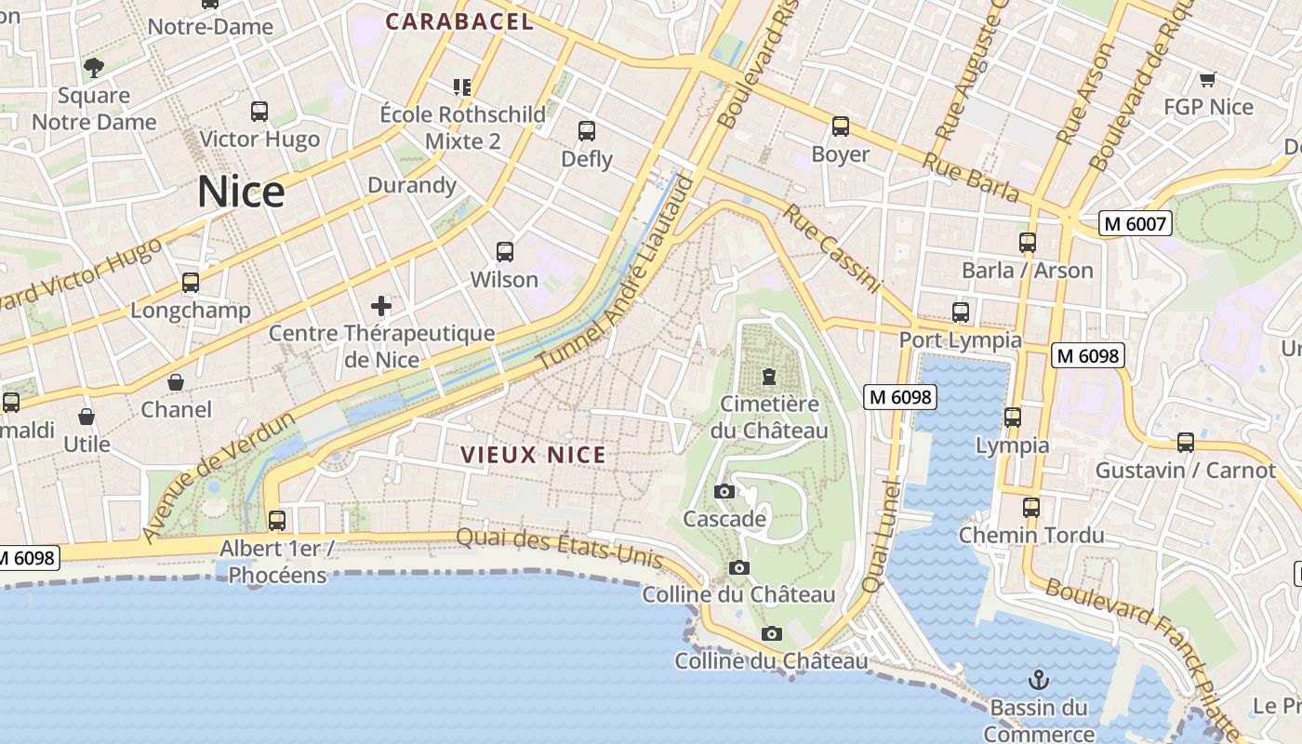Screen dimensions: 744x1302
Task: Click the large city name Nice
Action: (241, 192)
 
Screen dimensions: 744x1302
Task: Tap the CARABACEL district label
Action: (459, 21)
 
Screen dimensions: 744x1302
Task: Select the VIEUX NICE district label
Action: (534, 455)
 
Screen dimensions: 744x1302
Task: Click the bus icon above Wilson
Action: (505, 252)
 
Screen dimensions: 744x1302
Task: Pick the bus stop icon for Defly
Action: (587, 131)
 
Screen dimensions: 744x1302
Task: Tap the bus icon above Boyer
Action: (841, 126)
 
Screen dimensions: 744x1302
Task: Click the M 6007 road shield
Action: (1134, 223)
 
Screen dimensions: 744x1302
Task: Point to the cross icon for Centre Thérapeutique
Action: (381, 305)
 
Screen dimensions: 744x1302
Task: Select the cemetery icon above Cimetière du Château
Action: (769, 377)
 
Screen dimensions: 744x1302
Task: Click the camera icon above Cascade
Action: (724, 491)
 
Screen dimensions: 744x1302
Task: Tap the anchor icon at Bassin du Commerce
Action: (1038, 680)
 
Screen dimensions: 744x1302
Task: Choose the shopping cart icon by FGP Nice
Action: (1208, 80)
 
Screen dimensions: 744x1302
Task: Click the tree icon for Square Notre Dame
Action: (94, 67)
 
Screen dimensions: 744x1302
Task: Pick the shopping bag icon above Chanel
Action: (176, 382)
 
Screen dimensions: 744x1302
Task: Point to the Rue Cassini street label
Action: (830, 248)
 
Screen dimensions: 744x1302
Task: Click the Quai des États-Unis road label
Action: (560, 548)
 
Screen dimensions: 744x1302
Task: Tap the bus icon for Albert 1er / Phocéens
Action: (277, 521)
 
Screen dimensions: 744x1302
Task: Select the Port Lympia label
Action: (960, 340)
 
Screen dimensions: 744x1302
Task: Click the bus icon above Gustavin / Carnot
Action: (1186, 443)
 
